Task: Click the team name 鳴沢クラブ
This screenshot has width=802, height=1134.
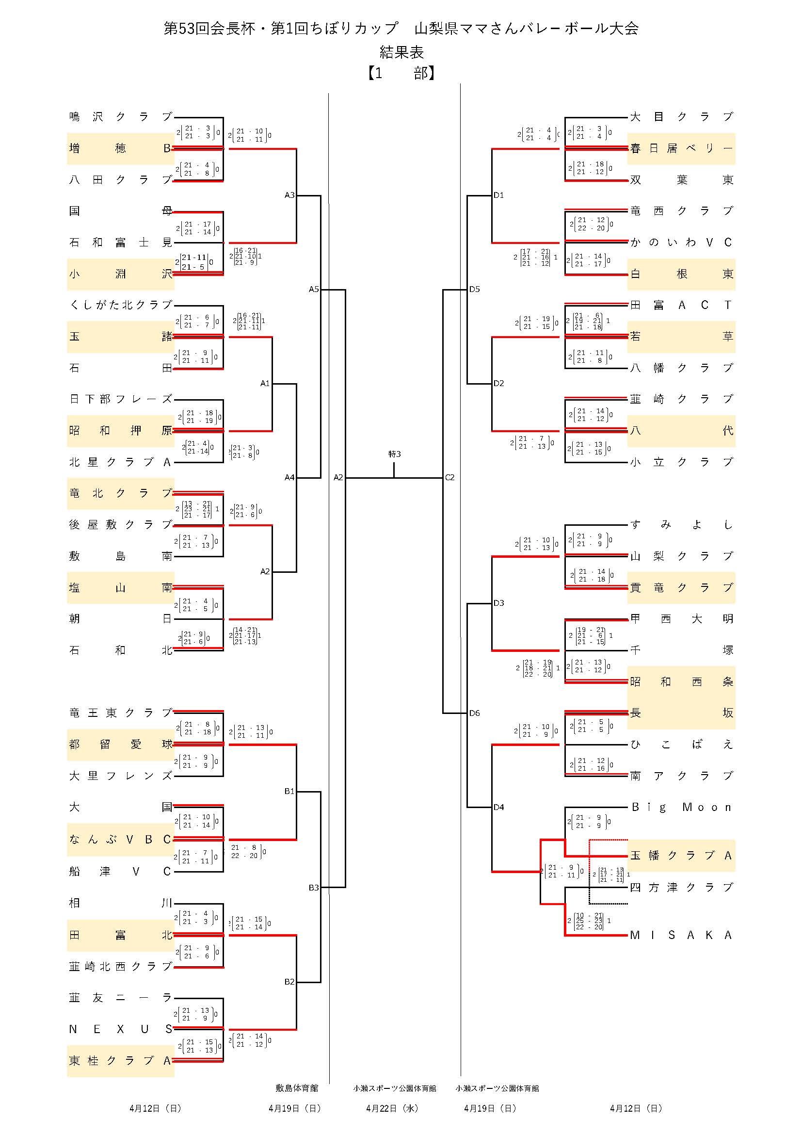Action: tap(121, 117)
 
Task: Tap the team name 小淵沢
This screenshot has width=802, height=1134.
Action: tap(121, 274)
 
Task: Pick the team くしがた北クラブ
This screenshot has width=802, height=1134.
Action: tap(121, 305)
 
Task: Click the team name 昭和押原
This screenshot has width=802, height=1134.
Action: tap(121, 431)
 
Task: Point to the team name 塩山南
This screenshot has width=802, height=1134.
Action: tap(121, 588)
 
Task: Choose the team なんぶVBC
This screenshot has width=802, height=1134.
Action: tap(121, 840)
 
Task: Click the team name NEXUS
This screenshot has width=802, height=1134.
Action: tap(121, 1029)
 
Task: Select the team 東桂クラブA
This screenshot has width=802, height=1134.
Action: tap(121, 1061)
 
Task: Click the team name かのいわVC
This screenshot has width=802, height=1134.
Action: tap(681, 243)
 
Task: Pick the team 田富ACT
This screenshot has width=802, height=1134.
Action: tap(681, 305)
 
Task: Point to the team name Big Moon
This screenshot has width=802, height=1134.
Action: tap(681, 808)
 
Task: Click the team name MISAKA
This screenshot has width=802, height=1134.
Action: tap(681, 935)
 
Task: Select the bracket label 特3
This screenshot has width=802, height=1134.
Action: tap(395, 454)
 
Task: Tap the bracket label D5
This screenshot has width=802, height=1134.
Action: tap(475, 290)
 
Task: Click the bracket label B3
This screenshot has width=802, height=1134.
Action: tap(314, 888)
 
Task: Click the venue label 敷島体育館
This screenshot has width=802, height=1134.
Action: tap(297, 1088)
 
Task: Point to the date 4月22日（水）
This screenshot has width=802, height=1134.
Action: tap(392, 1109)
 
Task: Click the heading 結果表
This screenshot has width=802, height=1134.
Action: tap(401, 52)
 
